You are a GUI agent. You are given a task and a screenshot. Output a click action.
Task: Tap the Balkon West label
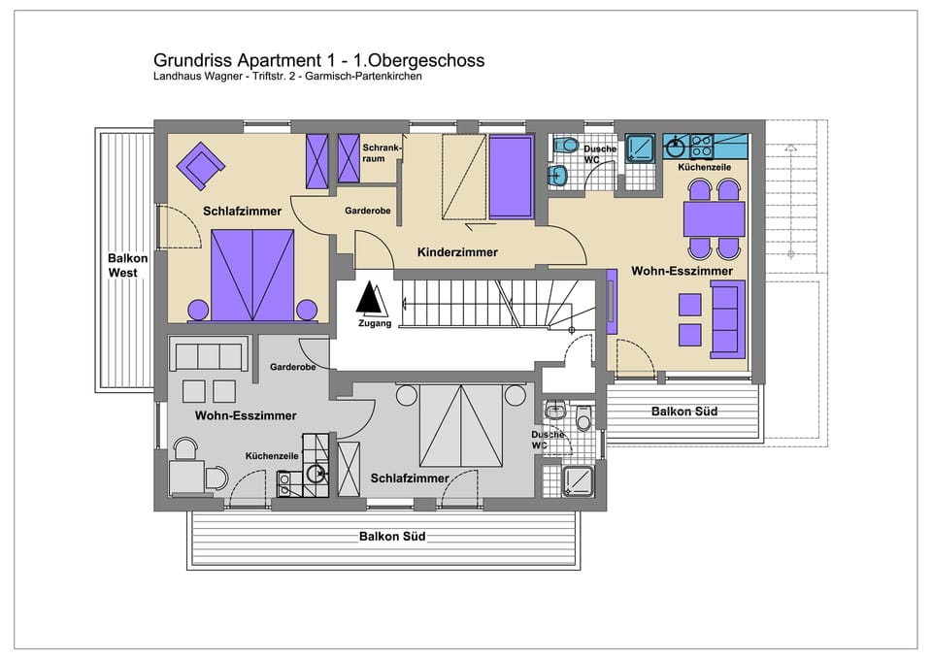pos(128,265)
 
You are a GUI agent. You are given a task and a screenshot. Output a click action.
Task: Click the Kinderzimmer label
pos(457,252)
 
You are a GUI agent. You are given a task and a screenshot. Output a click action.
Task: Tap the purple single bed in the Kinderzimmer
pos(511,177)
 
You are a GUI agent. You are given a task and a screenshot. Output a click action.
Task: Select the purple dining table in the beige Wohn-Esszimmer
pos(714,219)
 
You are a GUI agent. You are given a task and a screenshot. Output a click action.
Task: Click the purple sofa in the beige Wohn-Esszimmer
pos(727,316)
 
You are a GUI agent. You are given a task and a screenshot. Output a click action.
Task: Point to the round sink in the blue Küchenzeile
pos(677,147)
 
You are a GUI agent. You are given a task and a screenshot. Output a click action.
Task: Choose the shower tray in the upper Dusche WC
pos(642,148)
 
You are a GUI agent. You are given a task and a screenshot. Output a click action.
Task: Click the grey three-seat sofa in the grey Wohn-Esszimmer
pos(207,356)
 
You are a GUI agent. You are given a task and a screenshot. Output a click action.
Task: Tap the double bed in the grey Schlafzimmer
pos(460,425)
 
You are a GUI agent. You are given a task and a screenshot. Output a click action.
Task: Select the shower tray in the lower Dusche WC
pos(580,479)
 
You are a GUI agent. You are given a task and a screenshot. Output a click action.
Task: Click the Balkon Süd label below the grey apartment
pos(392,536)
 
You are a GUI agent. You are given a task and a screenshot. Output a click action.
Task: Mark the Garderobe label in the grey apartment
pos(292,368)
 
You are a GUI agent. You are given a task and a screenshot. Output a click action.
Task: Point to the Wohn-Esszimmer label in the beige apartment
pos(682,271)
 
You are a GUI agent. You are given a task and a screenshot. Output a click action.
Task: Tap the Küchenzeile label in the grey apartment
pos(271,455)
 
